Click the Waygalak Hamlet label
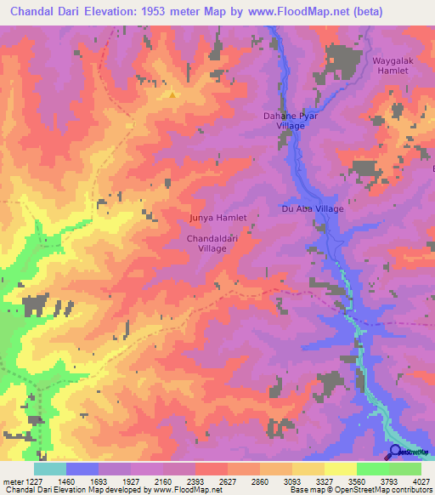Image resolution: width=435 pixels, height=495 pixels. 390,65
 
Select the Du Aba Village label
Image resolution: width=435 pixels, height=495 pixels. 312,208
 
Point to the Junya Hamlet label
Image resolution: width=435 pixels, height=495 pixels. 217,218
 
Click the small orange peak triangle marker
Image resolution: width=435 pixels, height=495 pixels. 172,94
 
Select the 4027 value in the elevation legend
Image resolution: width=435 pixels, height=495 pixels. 422,481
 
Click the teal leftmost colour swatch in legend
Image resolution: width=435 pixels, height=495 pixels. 50,469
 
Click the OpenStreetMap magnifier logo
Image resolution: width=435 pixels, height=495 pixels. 396,452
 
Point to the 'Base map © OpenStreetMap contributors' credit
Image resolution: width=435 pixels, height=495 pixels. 359,491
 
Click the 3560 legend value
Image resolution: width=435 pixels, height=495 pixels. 357,481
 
